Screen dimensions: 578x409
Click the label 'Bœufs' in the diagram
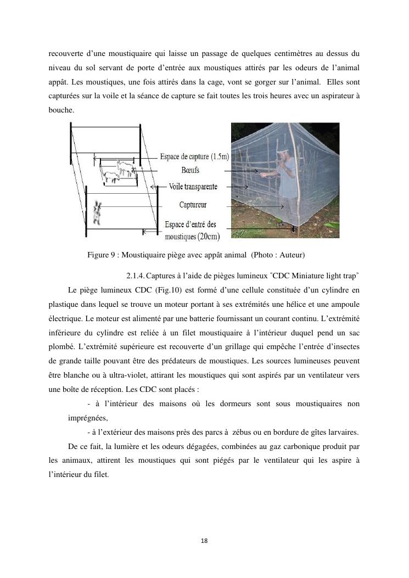190,171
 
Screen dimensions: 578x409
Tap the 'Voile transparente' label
193,187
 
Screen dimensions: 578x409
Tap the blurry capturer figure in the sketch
98,214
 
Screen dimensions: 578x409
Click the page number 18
204,541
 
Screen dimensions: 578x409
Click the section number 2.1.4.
136,274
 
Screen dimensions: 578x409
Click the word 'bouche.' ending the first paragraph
60,110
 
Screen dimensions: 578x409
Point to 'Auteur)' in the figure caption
292,255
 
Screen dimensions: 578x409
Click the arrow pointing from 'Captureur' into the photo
257,206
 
